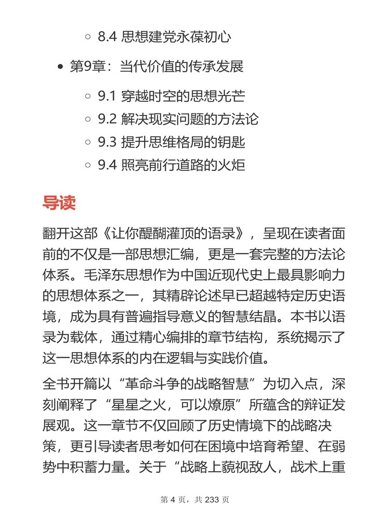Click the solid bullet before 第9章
click(61, 67)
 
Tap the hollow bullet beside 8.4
click(87, 37)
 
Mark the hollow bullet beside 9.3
click(87, 142)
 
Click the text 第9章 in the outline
click(87, 67)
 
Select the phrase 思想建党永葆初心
click(176, 37)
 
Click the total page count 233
click(213, 500)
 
